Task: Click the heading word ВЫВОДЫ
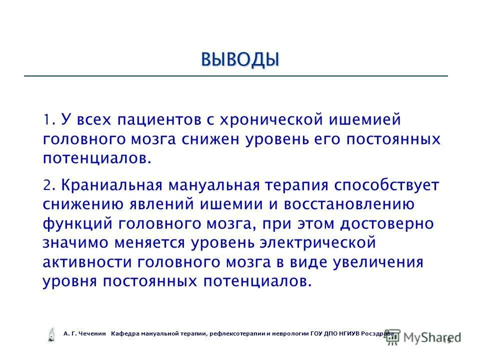click(x=239, y=59)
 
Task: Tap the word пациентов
click(x=155, y=120)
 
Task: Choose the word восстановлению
click(x=349, y=204)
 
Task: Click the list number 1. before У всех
click(x=48, y=120)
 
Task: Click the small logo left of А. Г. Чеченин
click(x=50, y=334)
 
